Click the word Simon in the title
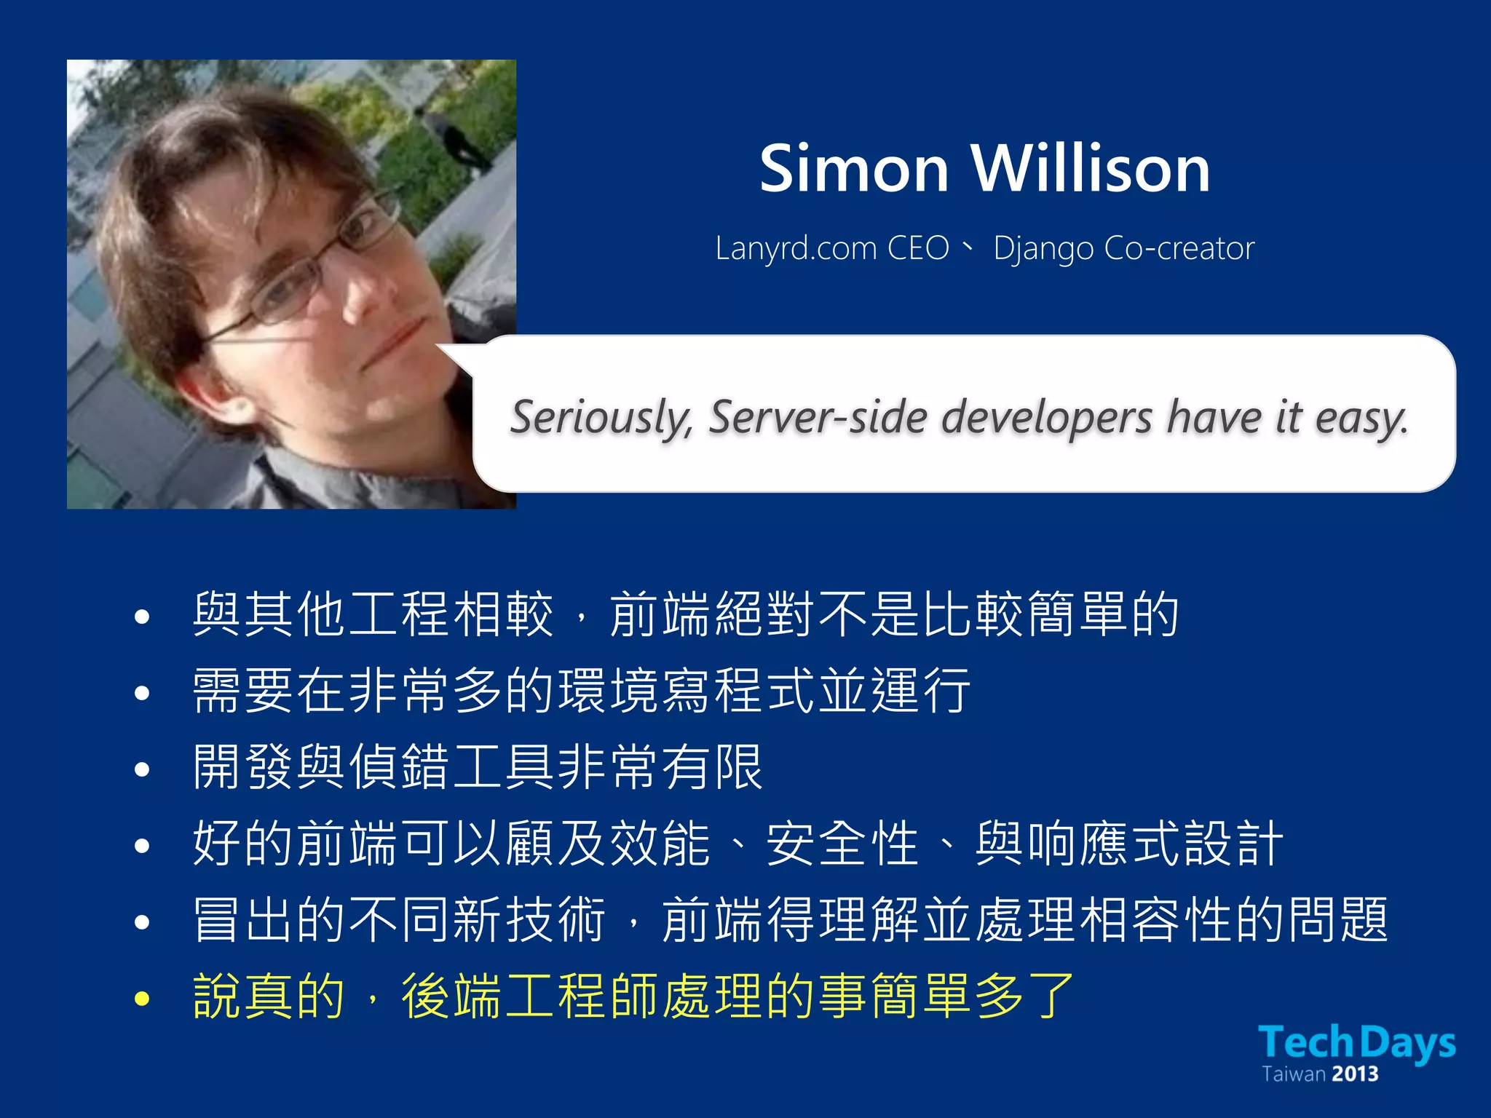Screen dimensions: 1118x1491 pyautogui.click(x=854, y=169)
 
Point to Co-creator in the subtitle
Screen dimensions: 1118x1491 pyautogui.click(x=1179, y=249)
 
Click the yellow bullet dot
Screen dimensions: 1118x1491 pyautogui.click(x=142, y=999)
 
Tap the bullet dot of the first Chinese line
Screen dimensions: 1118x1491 pyautogui.click(x=142, y=617)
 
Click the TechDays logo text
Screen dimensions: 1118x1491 pyautogui.click(x=1356, y=1042)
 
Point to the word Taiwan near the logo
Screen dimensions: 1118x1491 pyautogui.click(x=1293, y=1074)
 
